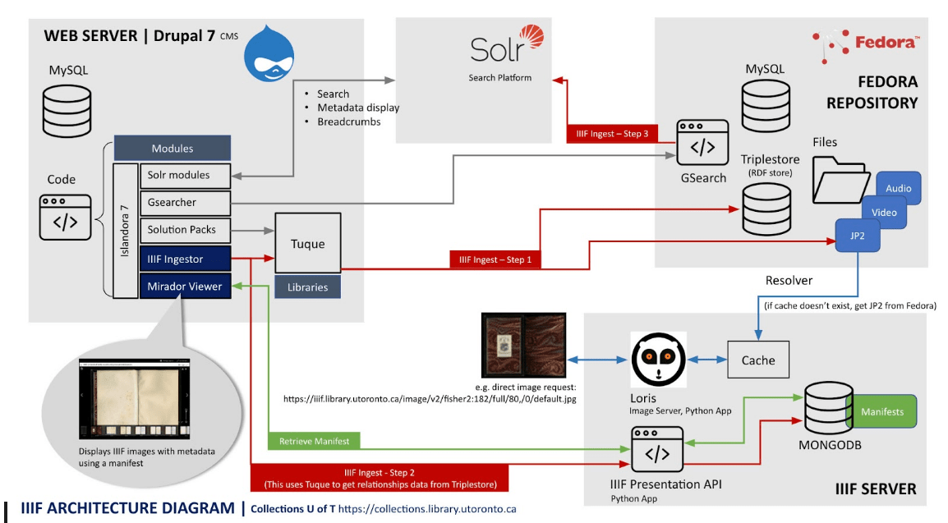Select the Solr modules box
coord(185,175)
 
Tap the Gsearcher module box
coord(185,202)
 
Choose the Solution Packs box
coord(185,230)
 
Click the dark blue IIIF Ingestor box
coord(185,259)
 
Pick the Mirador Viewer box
coord(185,287)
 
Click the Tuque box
coord(307,244)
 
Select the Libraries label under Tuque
coord(307,287)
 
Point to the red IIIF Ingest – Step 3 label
coord(612,134)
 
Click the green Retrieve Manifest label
coord(314,441)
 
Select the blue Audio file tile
coord(898,188)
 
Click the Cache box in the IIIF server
coord(757,360)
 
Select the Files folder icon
coord(840,179)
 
